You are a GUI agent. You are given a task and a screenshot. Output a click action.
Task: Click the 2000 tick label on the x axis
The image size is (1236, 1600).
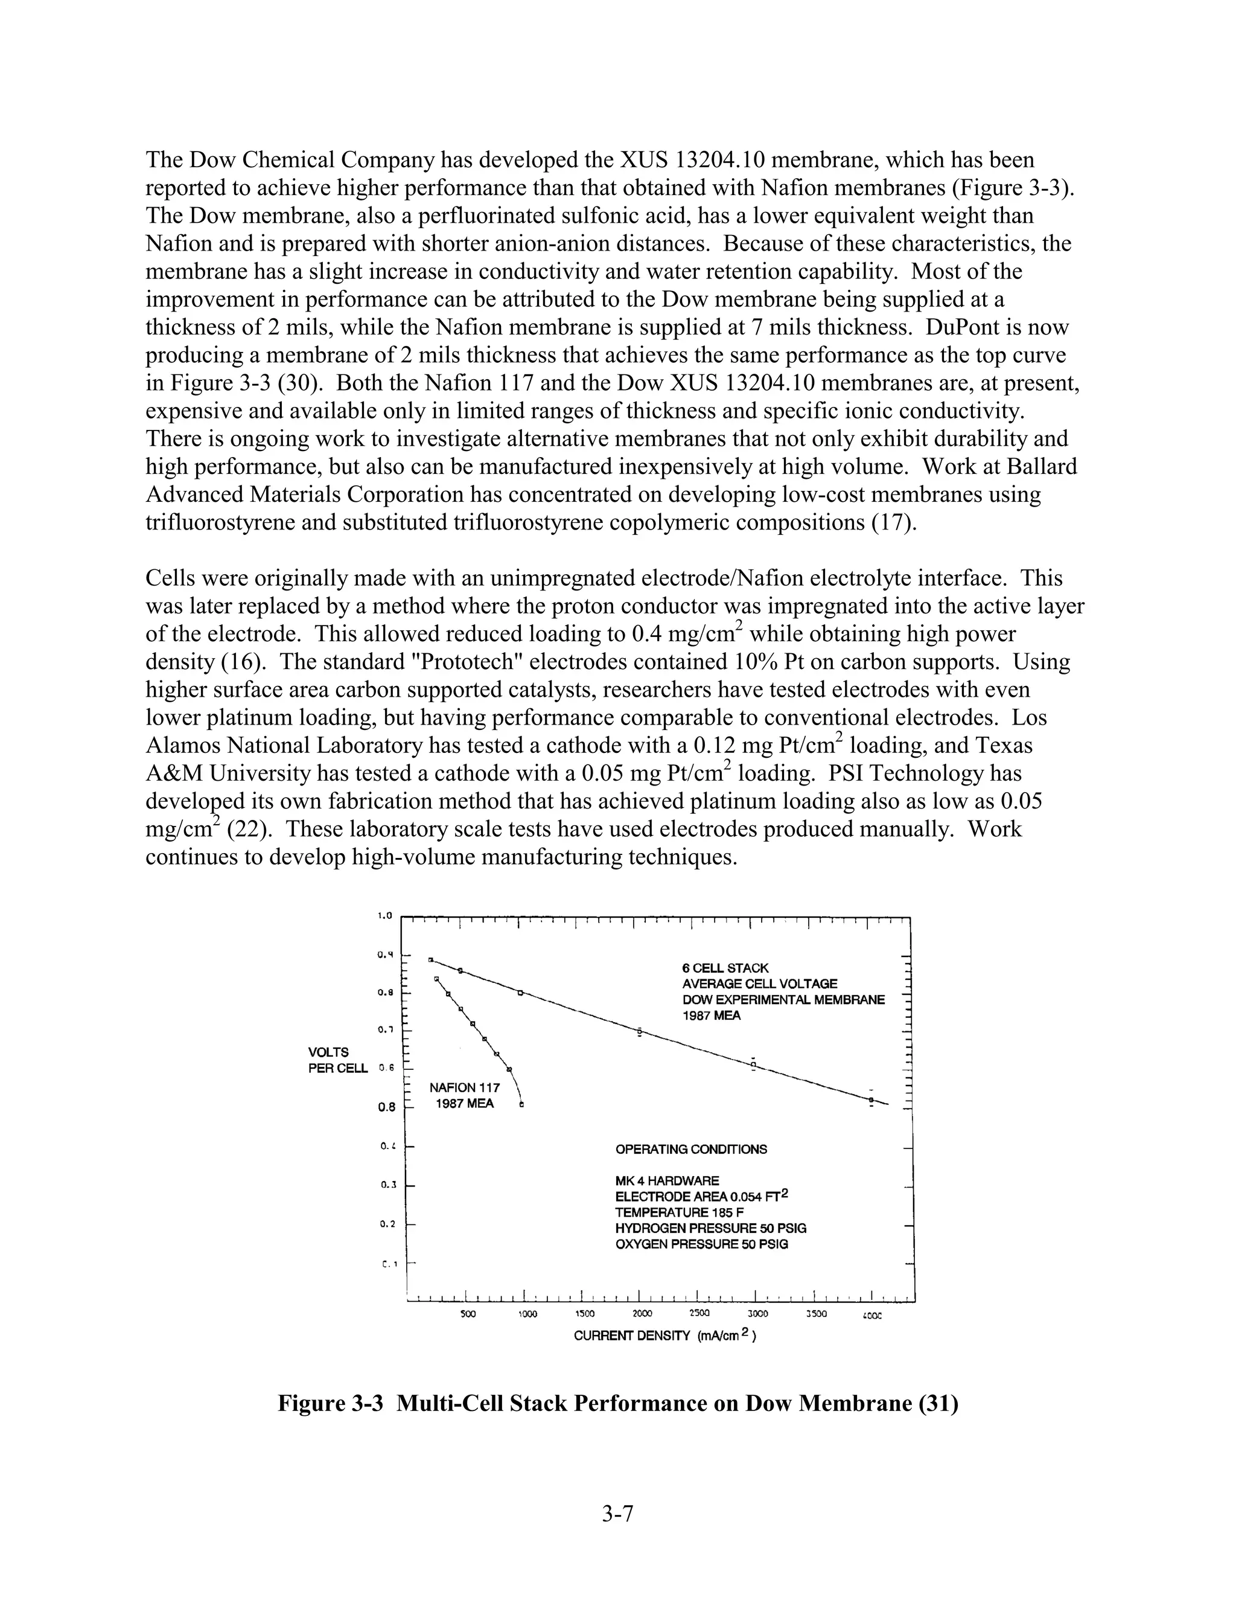tap(642, 1314)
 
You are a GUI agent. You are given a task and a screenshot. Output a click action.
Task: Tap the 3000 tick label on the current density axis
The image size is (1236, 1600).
tap(757, 1314)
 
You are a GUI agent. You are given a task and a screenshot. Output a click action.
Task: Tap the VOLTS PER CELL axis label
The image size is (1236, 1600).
tap(337, 1060)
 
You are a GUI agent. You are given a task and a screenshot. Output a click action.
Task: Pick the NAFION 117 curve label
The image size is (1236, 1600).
tap(464, 1088)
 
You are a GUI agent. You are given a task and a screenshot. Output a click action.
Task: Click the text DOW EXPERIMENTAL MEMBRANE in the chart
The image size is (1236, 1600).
tap(783, 999)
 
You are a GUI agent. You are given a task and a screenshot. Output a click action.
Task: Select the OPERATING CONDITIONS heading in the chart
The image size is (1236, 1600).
tap(691, 1149)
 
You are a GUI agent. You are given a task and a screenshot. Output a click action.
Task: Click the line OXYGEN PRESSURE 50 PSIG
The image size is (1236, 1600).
tap(701, 1244)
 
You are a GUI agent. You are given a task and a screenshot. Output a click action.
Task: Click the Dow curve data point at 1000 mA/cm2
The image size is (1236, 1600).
tap(520, 993)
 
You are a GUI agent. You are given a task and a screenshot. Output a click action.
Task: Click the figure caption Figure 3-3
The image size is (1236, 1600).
tap(617, 1403)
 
